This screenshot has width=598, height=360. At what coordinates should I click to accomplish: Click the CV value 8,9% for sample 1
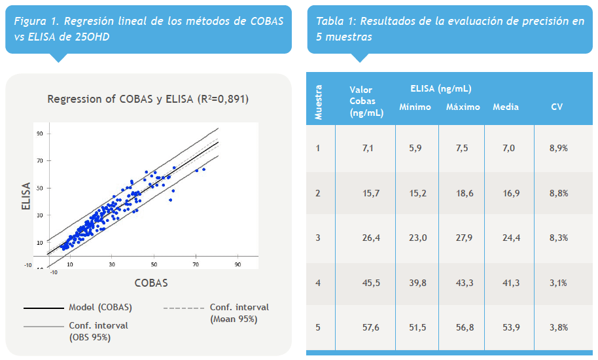[558, 149]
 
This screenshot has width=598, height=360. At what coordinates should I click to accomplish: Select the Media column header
[505, 107]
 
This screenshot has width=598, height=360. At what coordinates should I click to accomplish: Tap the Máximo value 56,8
[461, 327]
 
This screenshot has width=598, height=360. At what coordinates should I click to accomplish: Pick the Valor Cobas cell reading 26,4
[366, 238]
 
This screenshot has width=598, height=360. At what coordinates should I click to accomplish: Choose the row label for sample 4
[318, 283]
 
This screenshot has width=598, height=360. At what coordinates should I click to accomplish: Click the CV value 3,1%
[558, 283]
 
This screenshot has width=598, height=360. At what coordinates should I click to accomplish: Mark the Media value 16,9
[505, 193]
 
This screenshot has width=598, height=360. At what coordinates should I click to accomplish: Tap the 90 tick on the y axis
[40, 134]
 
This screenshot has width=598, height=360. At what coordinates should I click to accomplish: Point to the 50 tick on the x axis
[154, 264]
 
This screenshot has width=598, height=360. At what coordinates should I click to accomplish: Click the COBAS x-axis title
[151, 283]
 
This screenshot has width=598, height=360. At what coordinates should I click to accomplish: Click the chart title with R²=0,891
[148, 99]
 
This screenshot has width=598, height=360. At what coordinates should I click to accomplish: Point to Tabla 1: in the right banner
[335, 21]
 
